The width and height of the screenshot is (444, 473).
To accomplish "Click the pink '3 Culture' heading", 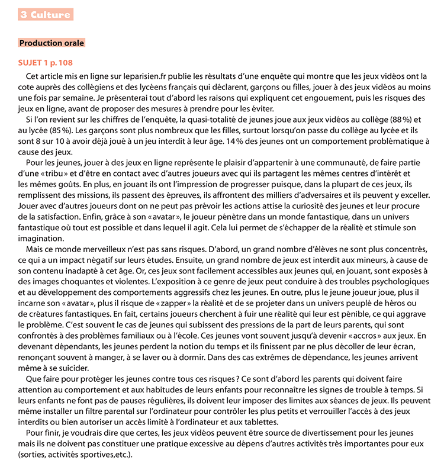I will [x=45, y=15].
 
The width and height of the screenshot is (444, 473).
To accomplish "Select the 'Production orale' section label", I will [x=52, y=43].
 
